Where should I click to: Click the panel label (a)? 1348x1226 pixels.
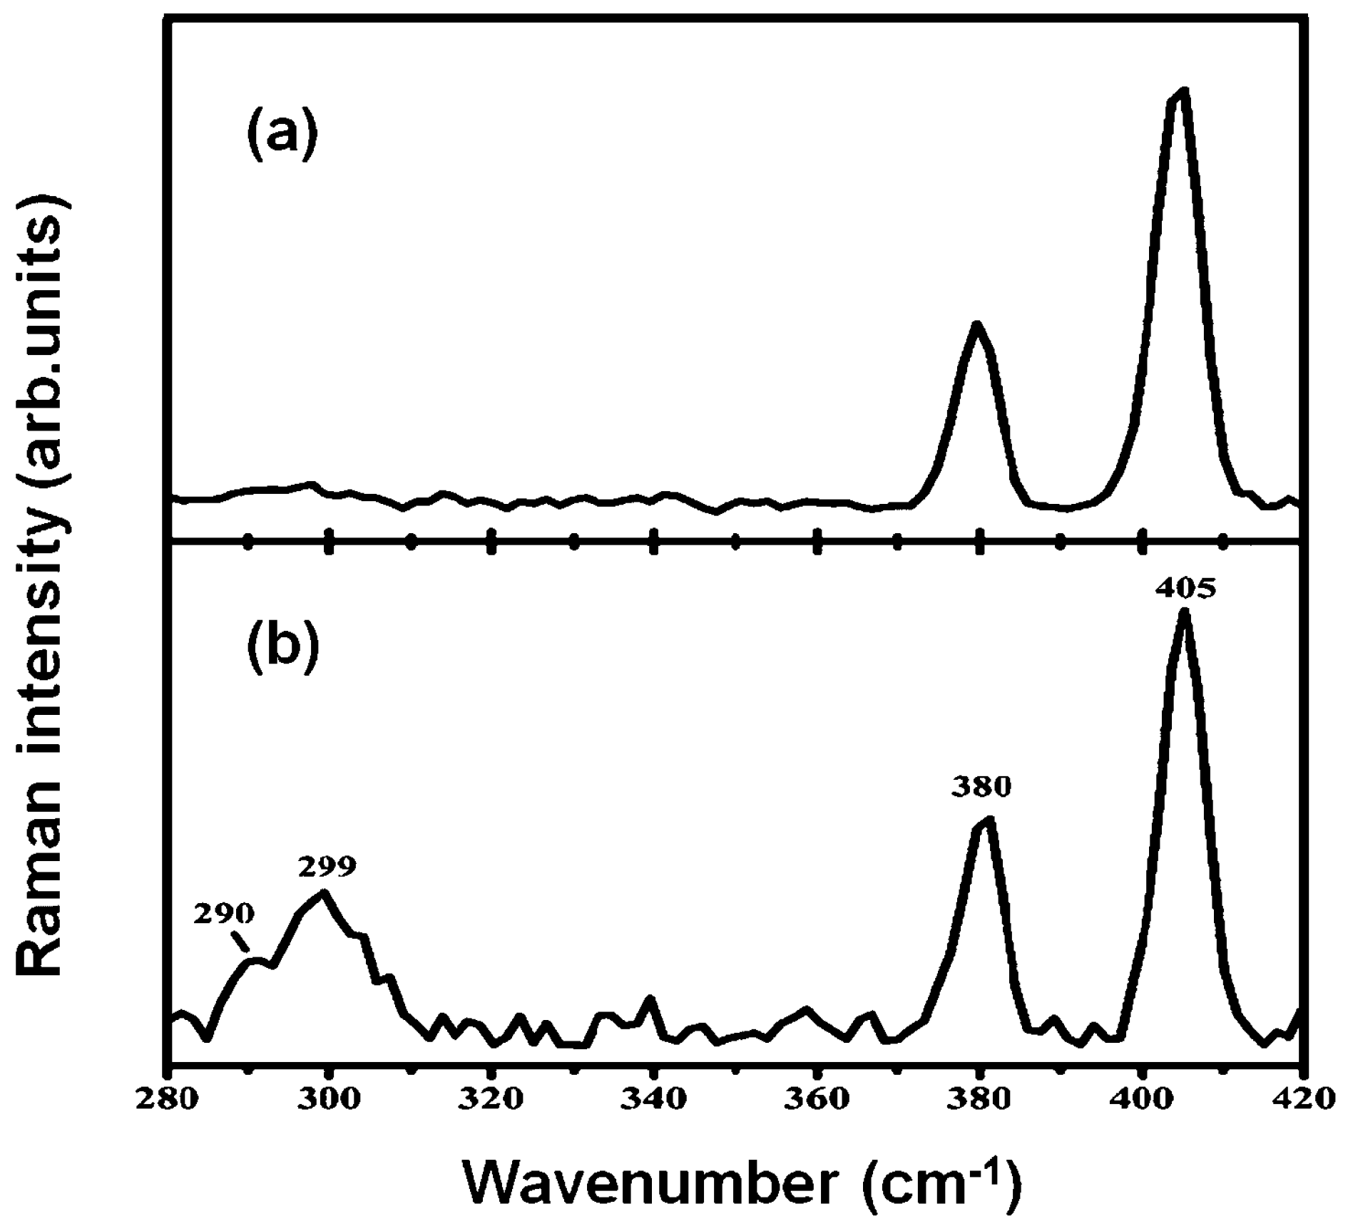pos(282,135)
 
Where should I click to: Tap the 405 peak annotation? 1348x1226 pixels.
pos(1184,589)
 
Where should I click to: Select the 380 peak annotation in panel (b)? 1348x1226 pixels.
pos(981,787)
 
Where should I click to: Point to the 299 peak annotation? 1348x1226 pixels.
pos(327,867)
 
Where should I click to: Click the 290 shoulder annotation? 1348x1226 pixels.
pos(223,913)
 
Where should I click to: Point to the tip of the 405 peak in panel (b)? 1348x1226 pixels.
pos(1185,612)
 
